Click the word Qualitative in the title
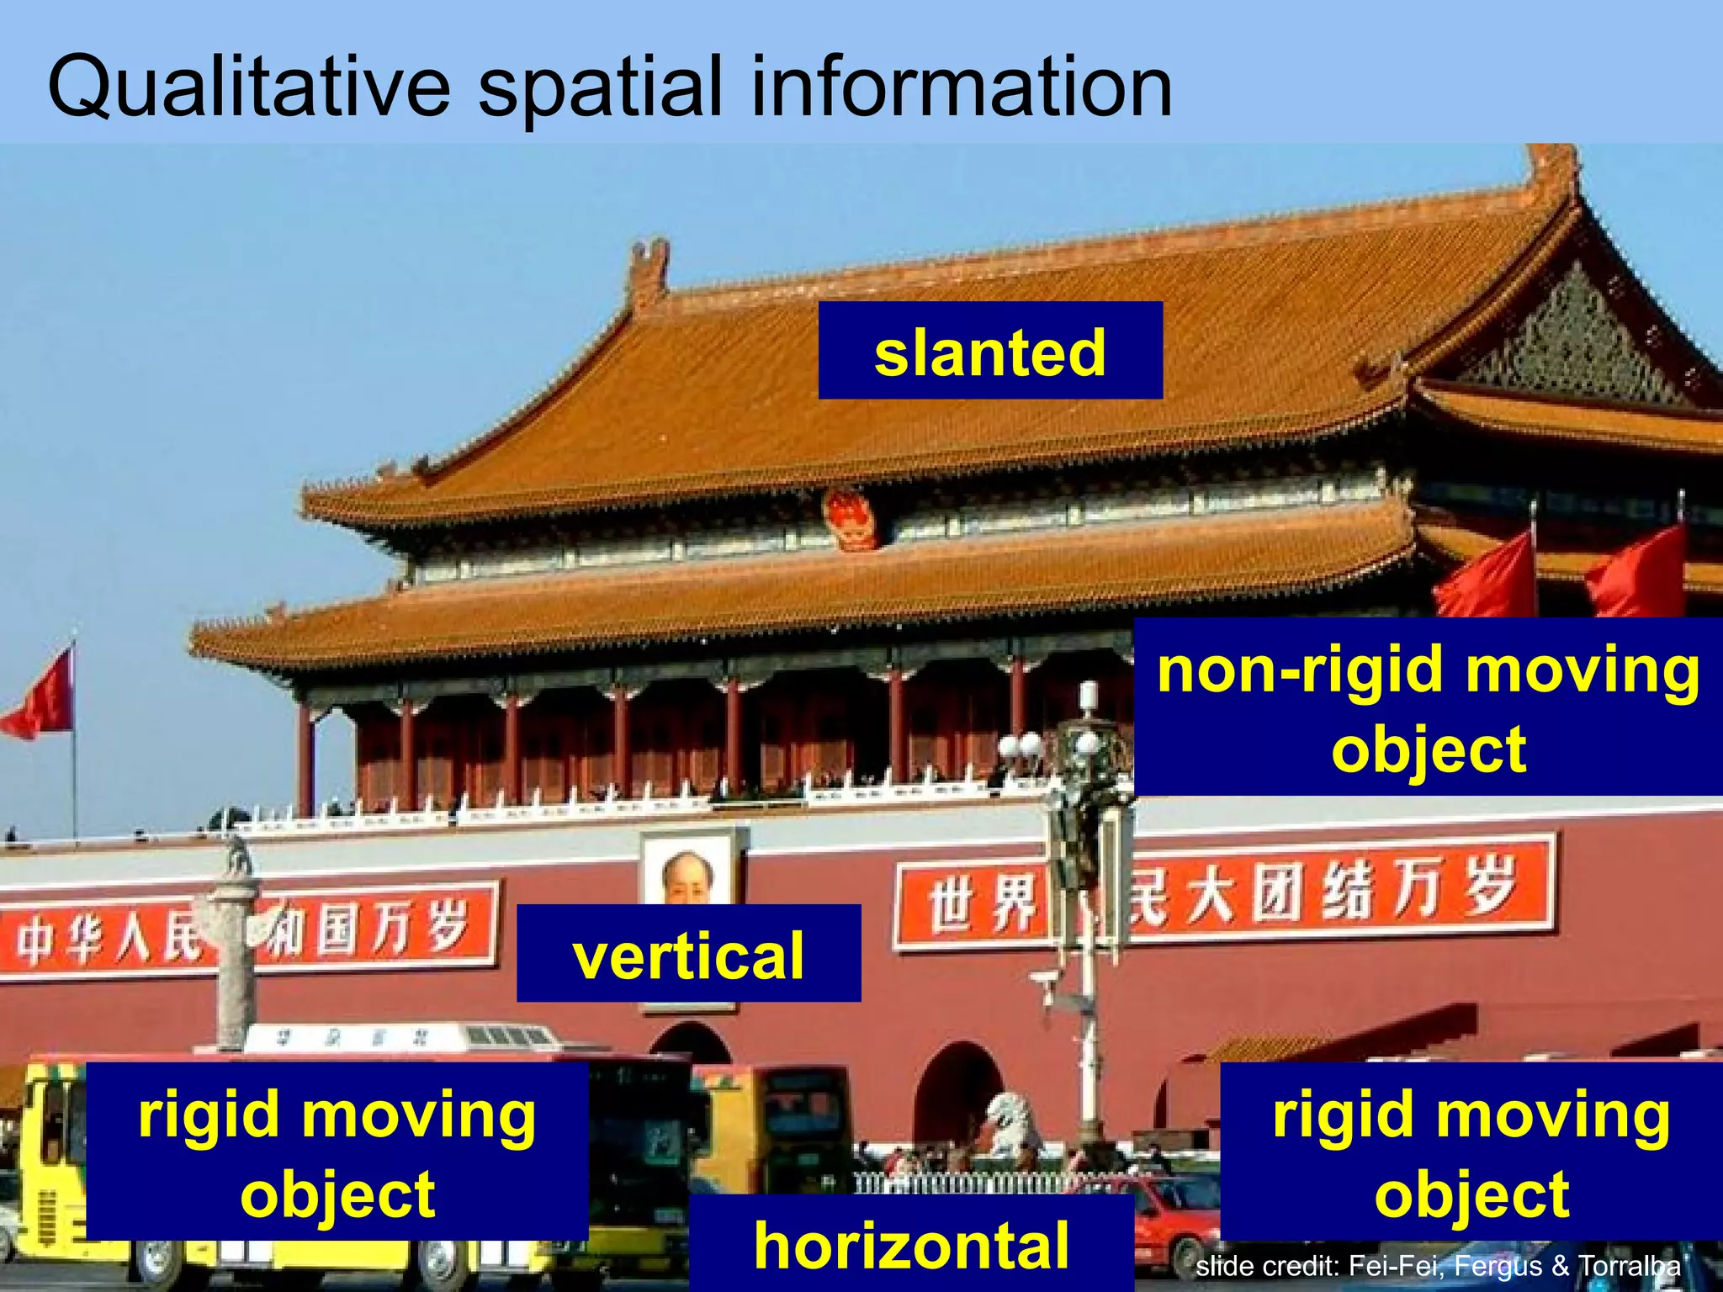point(249,87)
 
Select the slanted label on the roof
point(990,351)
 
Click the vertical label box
point(688,954)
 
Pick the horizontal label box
point(911,1244)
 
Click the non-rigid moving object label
point(1428,707)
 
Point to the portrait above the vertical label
point(687,871)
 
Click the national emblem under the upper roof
point(851,520)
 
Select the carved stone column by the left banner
point(235,950)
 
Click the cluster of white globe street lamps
point(1021,745)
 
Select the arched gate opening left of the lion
point(957,1093)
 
